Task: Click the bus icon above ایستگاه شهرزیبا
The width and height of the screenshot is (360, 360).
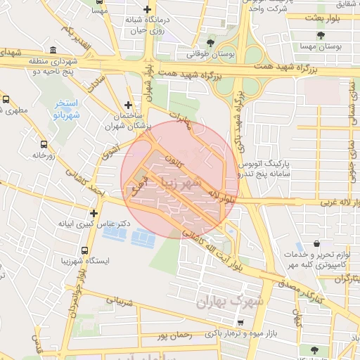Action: (85, 251)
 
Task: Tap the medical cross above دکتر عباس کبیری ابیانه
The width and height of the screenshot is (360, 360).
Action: (94, 212)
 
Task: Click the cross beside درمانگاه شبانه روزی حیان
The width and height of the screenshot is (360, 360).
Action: (146, 10)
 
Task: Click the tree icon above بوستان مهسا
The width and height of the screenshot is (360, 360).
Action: (321, 34)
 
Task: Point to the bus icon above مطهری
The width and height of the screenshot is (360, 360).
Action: (6, 101)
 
